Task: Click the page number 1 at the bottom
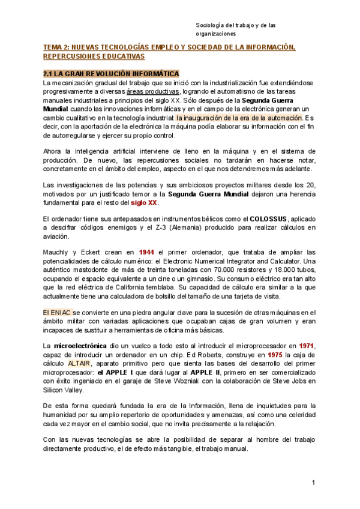pyautogui.click(x=313, y=483)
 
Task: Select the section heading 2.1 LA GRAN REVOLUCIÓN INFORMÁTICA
pyautogui.click(x=111, y=73)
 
